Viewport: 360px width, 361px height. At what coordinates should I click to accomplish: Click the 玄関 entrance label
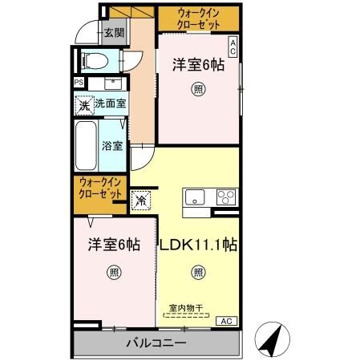coord(114,33)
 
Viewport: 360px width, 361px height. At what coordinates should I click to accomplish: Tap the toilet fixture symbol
coord(95,60)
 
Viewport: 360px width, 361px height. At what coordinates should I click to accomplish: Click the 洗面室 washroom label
coord(109,103)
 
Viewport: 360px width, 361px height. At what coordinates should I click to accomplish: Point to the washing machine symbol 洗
coord(83,103)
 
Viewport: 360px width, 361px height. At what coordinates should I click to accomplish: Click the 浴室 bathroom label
coord(111,146)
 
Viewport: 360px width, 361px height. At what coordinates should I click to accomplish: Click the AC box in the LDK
coord(228,321)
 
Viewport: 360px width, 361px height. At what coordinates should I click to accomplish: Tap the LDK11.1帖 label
coord(197,244)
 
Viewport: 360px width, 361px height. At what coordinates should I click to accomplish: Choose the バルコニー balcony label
coord(156,344)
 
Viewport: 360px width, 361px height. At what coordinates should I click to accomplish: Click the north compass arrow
coord(273,339)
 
